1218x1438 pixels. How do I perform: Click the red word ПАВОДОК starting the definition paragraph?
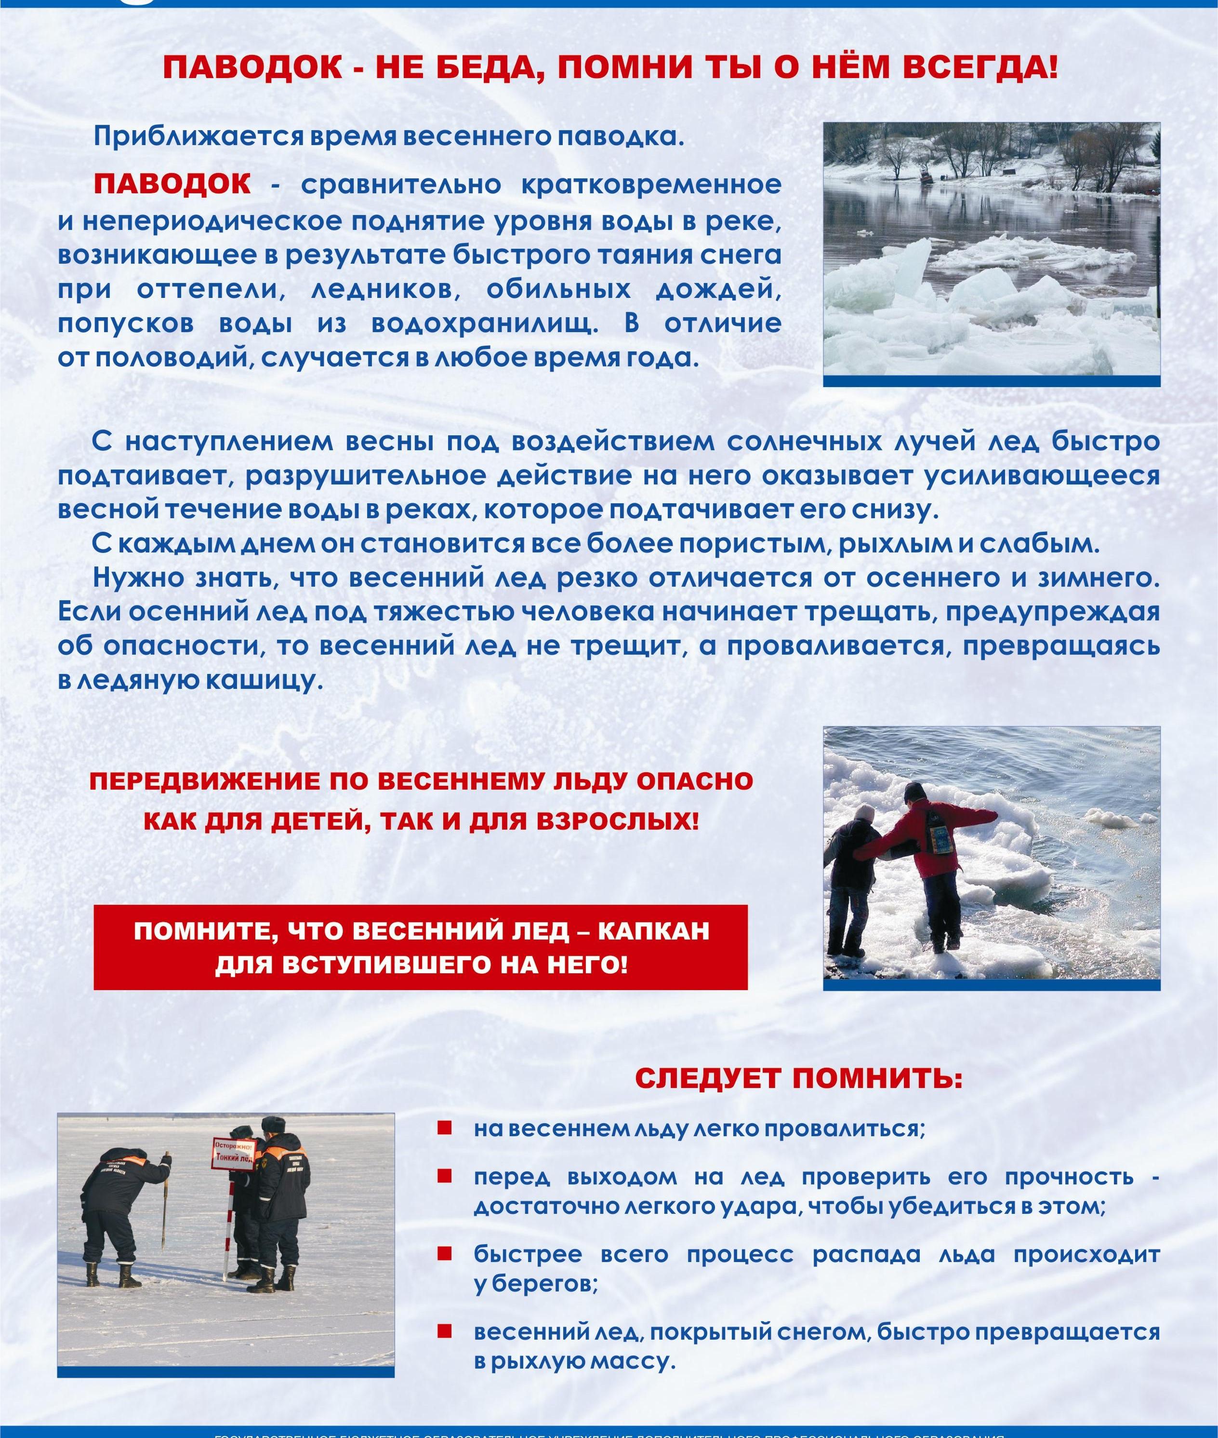[x=172, y=185]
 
